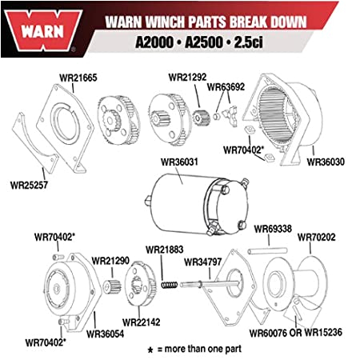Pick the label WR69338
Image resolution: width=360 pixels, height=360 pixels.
274,229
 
